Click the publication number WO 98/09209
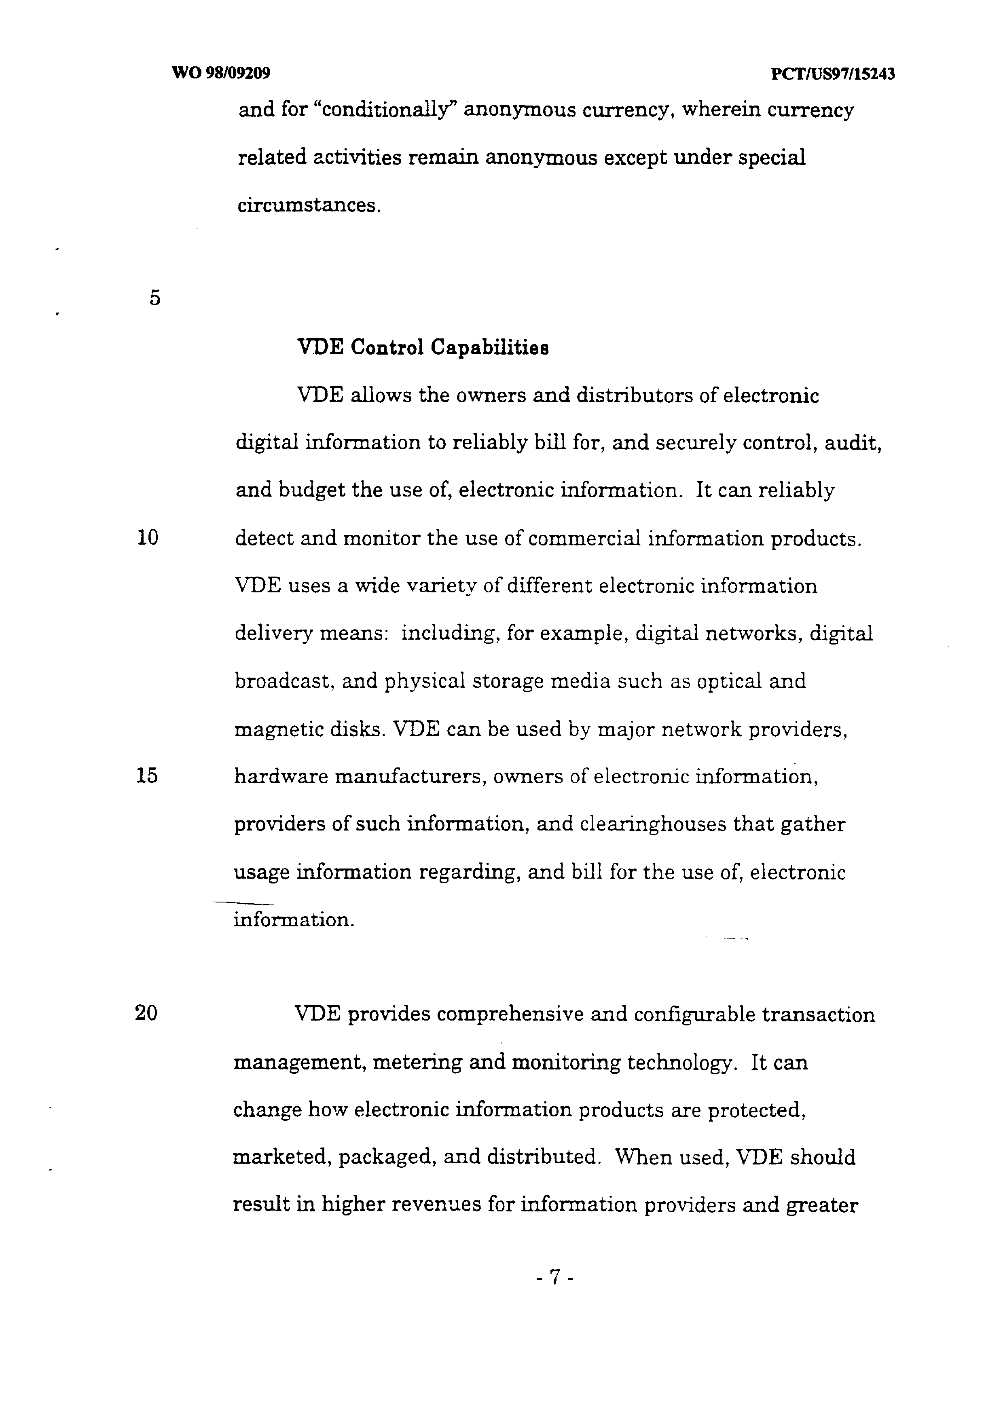tap(221, 74)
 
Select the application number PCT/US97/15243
tap(833, 74)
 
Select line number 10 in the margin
tap(147, 538)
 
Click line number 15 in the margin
tap(147, 775)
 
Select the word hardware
tap(281, 776)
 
